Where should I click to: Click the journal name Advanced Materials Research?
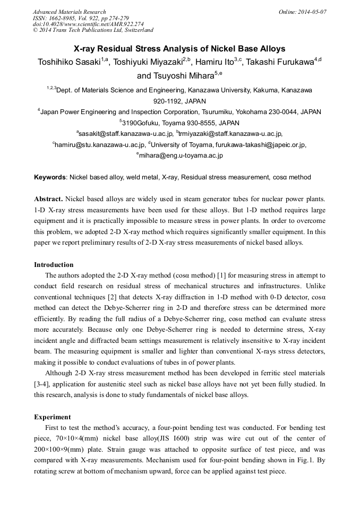pyautogui.click(x=70, y=12)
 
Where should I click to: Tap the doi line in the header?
pyautogui.click(x=88, y=24)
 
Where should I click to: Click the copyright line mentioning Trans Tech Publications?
pyautogui.click(x=93, y=30)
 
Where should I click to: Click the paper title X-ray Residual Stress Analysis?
pyautogui.click(x=179, y=48)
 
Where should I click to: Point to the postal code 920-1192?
pyautogui.click(x=179, y=101)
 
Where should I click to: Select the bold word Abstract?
pyautogui.click(x=48, y=199)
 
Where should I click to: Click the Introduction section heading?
pyautogui.click(x=54, y=264)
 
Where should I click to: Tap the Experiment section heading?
pyautogui.click(x=52, y=417)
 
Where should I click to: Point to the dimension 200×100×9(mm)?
pyautogui.click(x=59, y=450)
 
